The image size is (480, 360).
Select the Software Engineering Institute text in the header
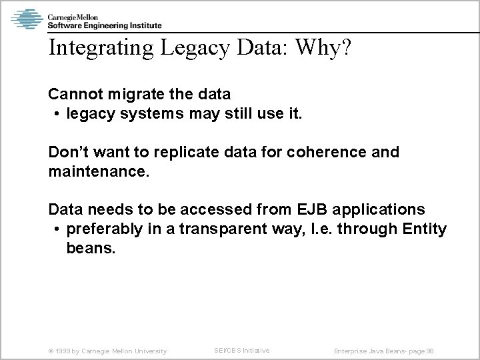(x=104, y=25)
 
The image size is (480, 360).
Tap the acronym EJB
(x=309, y=209)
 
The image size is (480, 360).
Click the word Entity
(x=425, y=229)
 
